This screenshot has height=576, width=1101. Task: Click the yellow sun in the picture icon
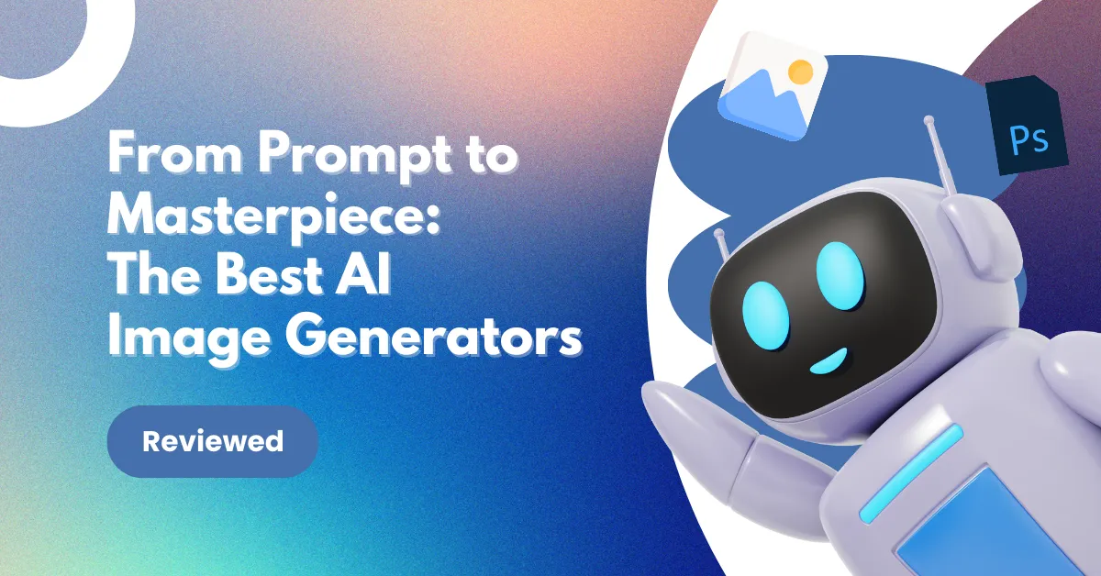(800, 70)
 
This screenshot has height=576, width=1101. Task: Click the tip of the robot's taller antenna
(929, 119)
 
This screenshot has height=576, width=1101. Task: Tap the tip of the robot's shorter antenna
(718, 234)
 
